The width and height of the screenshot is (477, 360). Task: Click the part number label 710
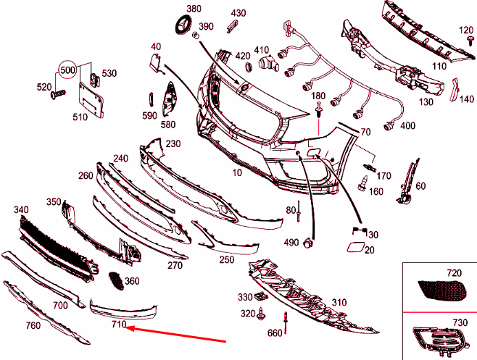pos(119,325)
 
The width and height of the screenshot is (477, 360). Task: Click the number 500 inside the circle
pos(67,70)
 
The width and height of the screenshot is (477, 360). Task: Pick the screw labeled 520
pos(57,93)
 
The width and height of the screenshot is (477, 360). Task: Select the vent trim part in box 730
pos(437,337)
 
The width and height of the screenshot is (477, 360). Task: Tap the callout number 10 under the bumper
pos(237,174)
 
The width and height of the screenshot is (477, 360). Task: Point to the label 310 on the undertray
pos(339,302)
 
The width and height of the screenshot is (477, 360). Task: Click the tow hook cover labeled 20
pos(357,247)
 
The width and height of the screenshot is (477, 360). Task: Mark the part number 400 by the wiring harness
pos(407,126)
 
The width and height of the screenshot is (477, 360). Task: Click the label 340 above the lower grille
pos(21,209)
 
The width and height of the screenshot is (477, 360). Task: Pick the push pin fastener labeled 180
pos(318,111)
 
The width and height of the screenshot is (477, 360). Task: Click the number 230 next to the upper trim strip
pos(173,143)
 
